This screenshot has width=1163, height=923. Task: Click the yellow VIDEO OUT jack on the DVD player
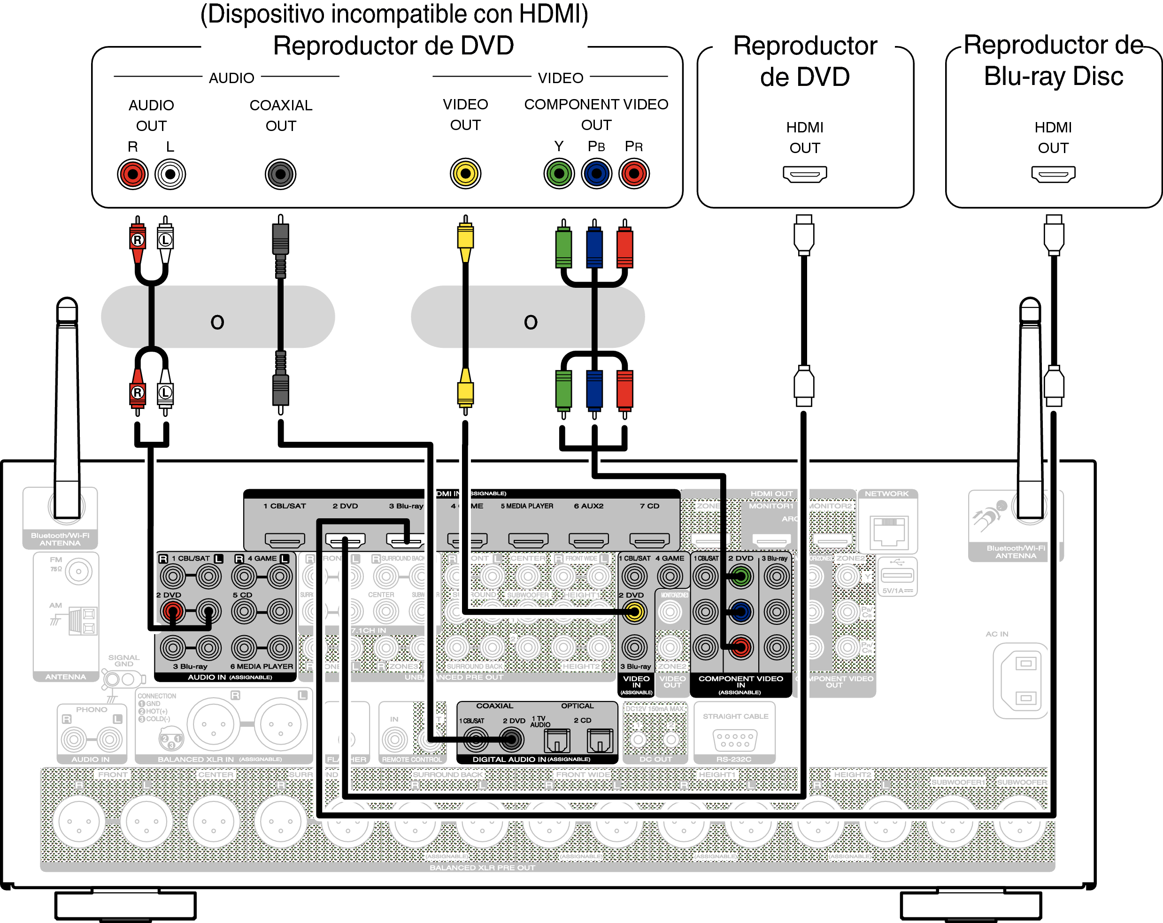pos(465,174)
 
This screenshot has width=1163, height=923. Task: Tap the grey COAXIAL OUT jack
pos(280,174)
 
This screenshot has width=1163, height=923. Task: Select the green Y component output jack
pos(559,174)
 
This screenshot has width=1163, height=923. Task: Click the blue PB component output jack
pos(596,174)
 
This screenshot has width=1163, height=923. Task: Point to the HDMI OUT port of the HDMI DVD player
pos(804,174)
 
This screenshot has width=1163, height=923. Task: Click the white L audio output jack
pos(170,174)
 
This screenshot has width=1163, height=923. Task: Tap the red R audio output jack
pos(133,174)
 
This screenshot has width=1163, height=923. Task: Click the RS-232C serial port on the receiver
pos(735,739)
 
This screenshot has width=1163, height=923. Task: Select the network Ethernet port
pos(888,531)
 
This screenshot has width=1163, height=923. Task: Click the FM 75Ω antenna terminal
pos(79,571)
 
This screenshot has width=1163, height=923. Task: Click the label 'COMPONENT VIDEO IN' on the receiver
pos(740,682)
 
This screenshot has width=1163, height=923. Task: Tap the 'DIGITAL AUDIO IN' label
pos(531,759)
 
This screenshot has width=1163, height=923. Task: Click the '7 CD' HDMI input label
pos(649,506)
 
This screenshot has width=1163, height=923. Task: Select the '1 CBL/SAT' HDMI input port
pos(285,539)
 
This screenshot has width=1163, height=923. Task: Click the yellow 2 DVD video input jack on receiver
pos(634,612)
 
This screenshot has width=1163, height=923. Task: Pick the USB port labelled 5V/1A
pos(897,575)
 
